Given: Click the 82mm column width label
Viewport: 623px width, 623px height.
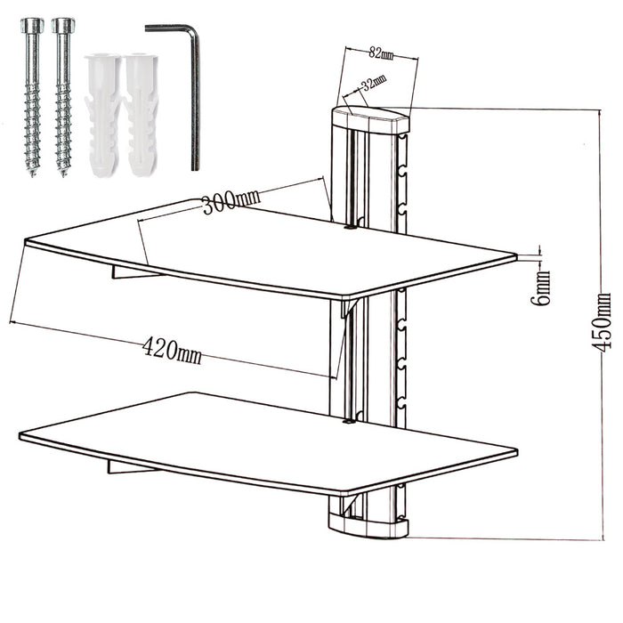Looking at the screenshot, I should (x=380, y=53).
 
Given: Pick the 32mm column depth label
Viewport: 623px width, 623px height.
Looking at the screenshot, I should (x=373, y=84).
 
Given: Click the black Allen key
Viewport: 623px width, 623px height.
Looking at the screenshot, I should (x=193, y=98).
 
